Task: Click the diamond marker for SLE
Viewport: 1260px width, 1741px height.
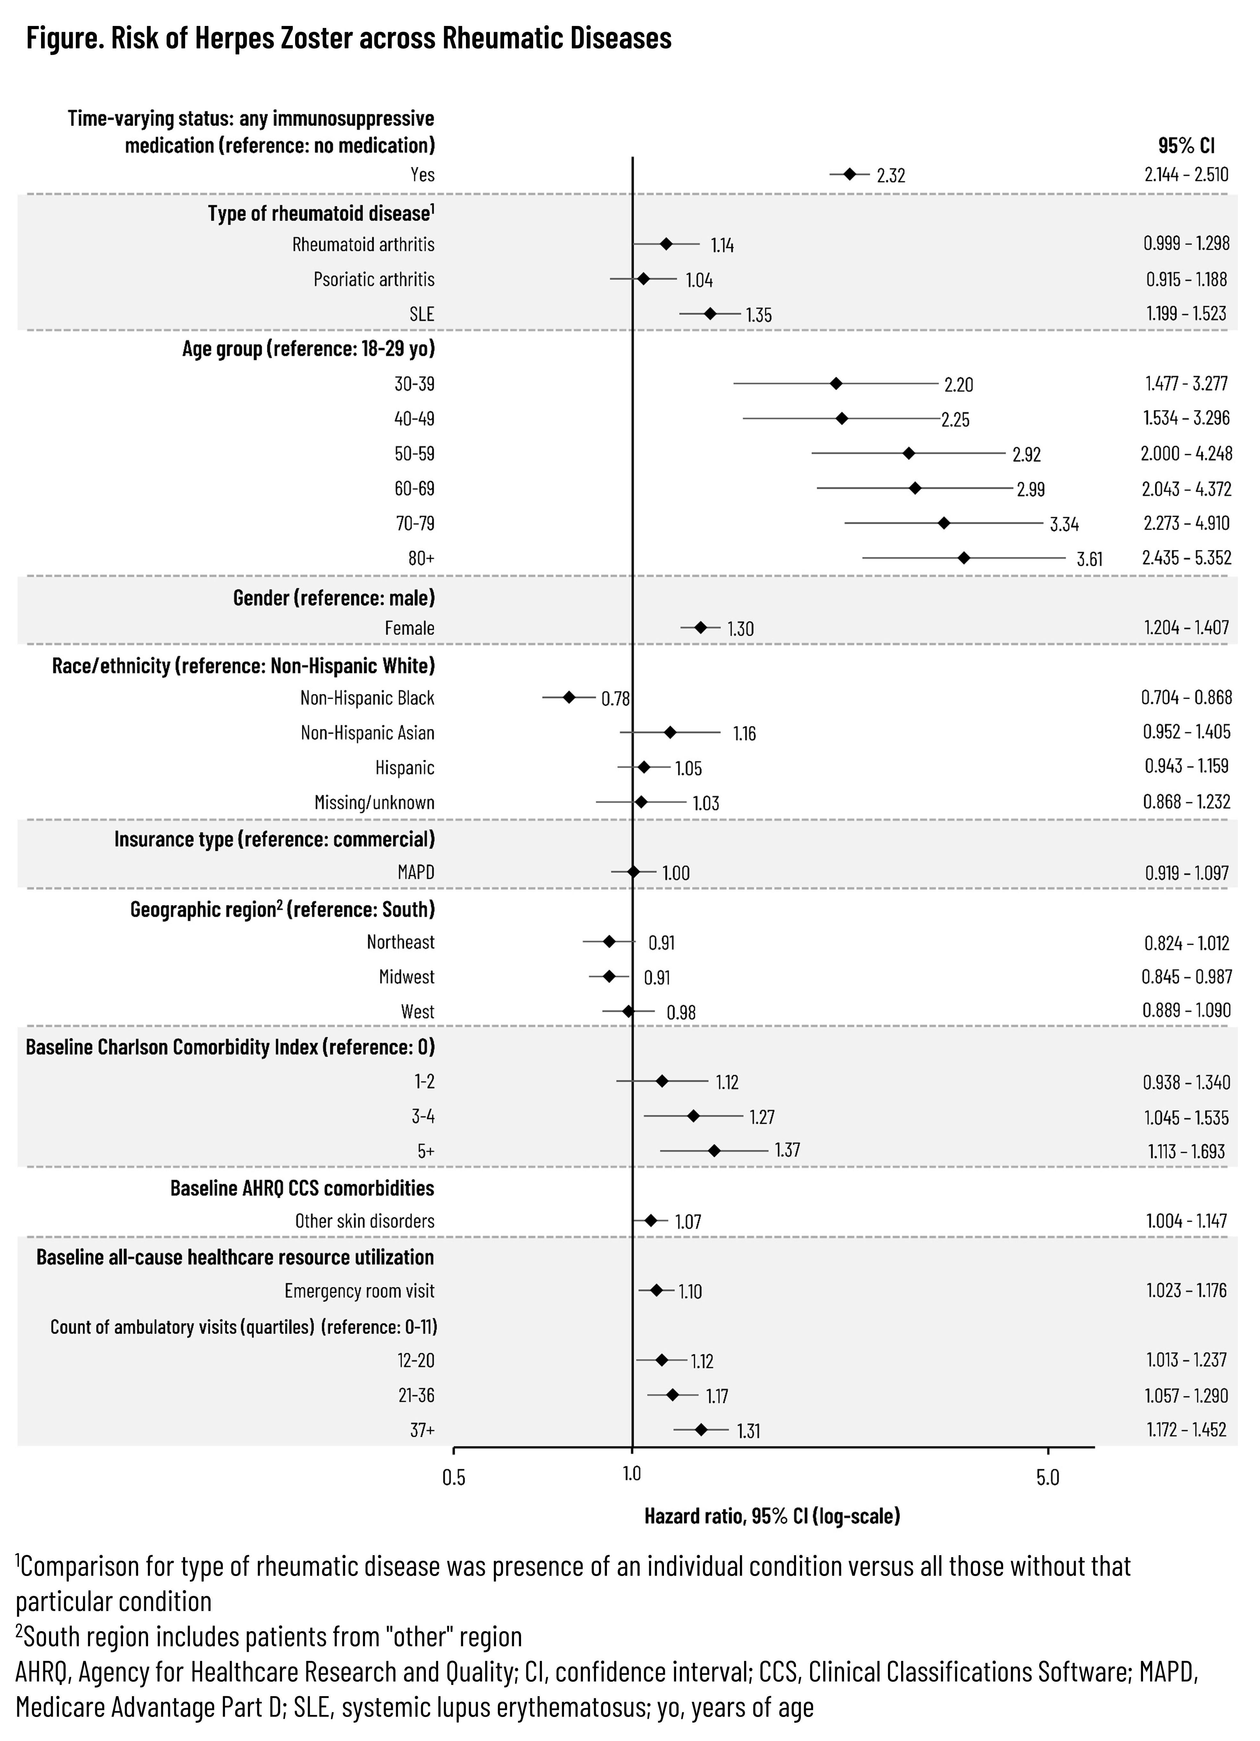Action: click(710, 313)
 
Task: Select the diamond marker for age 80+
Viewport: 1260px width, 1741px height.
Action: click(964, 558)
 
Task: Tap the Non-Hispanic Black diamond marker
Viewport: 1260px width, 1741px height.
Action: click(569, 697)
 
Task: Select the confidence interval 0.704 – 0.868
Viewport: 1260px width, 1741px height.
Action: click(1186, 697)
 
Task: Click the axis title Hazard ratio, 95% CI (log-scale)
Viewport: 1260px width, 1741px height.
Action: click(772, 1516)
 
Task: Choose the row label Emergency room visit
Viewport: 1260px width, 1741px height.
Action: click(359, 1291)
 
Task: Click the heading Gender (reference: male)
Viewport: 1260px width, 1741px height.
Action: click(334, 597)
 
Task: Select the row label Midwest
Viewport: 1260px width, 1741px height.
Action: click(407, 977)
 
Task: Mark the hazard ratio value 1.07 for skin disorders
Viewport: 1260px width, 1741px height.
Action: click(688, 1221)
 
